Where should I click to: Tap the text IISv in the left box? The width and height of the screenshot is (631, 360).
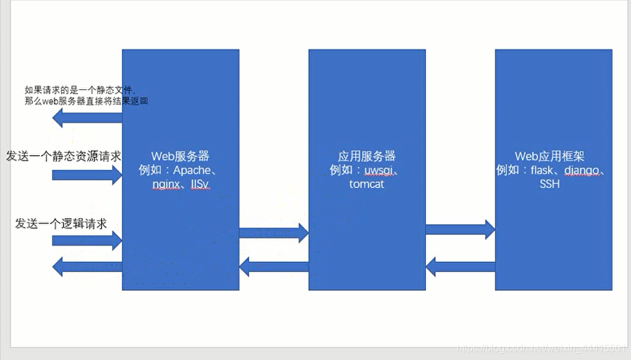click(200, 185)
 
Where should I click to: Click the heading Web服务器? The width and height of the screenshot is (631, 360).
click(180, 156)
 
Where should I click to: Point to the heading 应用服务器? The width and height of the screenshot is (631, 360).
click(367, 156)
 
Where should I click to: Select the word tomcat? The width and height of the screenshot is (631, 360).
click(367, 184)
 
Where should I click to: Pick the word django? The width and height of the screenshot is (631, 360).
click(584, 170)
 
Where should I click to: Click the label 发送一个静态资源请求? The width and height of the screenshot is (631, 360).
click(64, 156)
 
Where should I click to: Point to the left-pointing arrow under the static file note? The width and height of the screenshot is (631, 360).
click(87, 117)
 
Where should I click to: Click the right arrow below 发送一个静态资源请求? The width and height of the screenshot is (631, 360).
click(87, 174)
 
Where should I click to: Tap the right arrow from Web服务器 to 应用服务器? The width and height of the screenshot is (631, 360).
click(273, 233)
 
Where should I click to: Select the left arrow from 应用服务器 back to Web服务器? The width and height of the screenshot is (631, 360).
click(273, 267)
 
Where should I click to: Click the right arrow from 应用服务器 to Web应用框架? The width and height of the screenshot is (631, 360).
click(460, 229)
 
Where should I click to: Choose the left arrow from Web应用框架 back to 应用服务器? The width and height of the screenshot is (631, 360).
click(460, 267)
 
